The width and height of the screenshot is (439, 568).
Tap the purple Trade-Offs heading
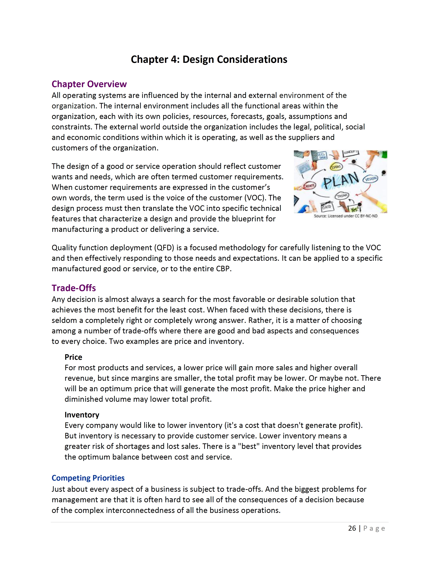point(74,288)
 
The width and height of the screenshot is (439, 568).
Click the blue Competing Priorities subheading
point(88,478)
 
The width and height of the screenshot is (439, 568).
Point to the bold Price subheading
point(73,357)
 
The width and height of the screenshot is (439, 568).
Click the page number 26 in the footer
point(352,528)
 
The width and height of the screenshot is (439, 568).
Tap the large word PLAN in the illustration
point(341,180)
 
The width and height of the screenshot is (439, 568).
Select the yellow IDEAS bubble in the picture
point(336,167)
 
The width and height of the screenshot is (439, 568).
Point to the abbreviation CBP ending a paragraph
point(223,269)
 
